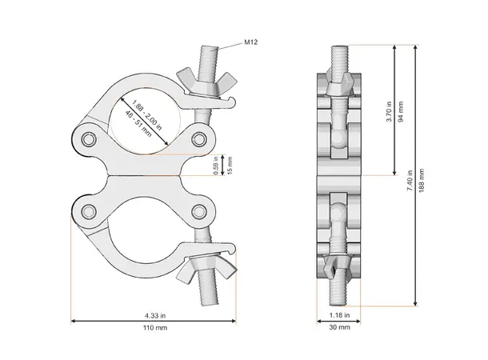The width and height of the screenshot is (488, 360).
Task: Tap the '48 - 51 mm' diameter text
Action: coord(136,123)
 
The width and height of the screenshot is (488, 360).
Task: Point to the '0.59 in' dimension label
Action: coord(215,164)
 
